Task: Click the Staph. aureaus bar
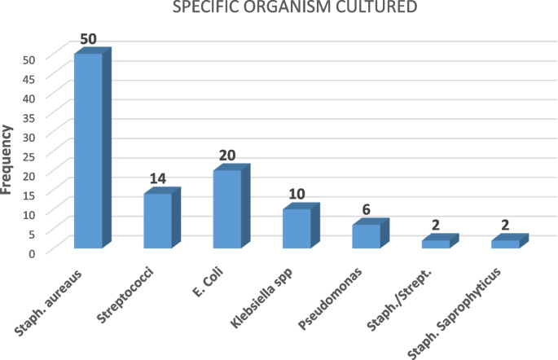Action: (x=88, y=151)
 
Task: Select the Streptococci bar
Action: (x=157, y=220)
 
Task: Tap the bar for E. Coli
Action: (x=226, y=209)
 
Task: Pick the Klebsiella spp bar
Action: (x=297, y=228)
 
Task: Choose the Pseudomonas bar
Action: (x=366, y=235)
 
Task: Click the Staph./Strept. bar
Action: (x=435, y=244)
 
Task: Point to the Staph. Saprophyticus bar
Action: (x=505, y=244)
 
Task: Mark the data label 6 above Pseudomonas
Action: (x=367, y=210)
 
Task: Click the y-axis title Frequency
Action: (x=9, y=159)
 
